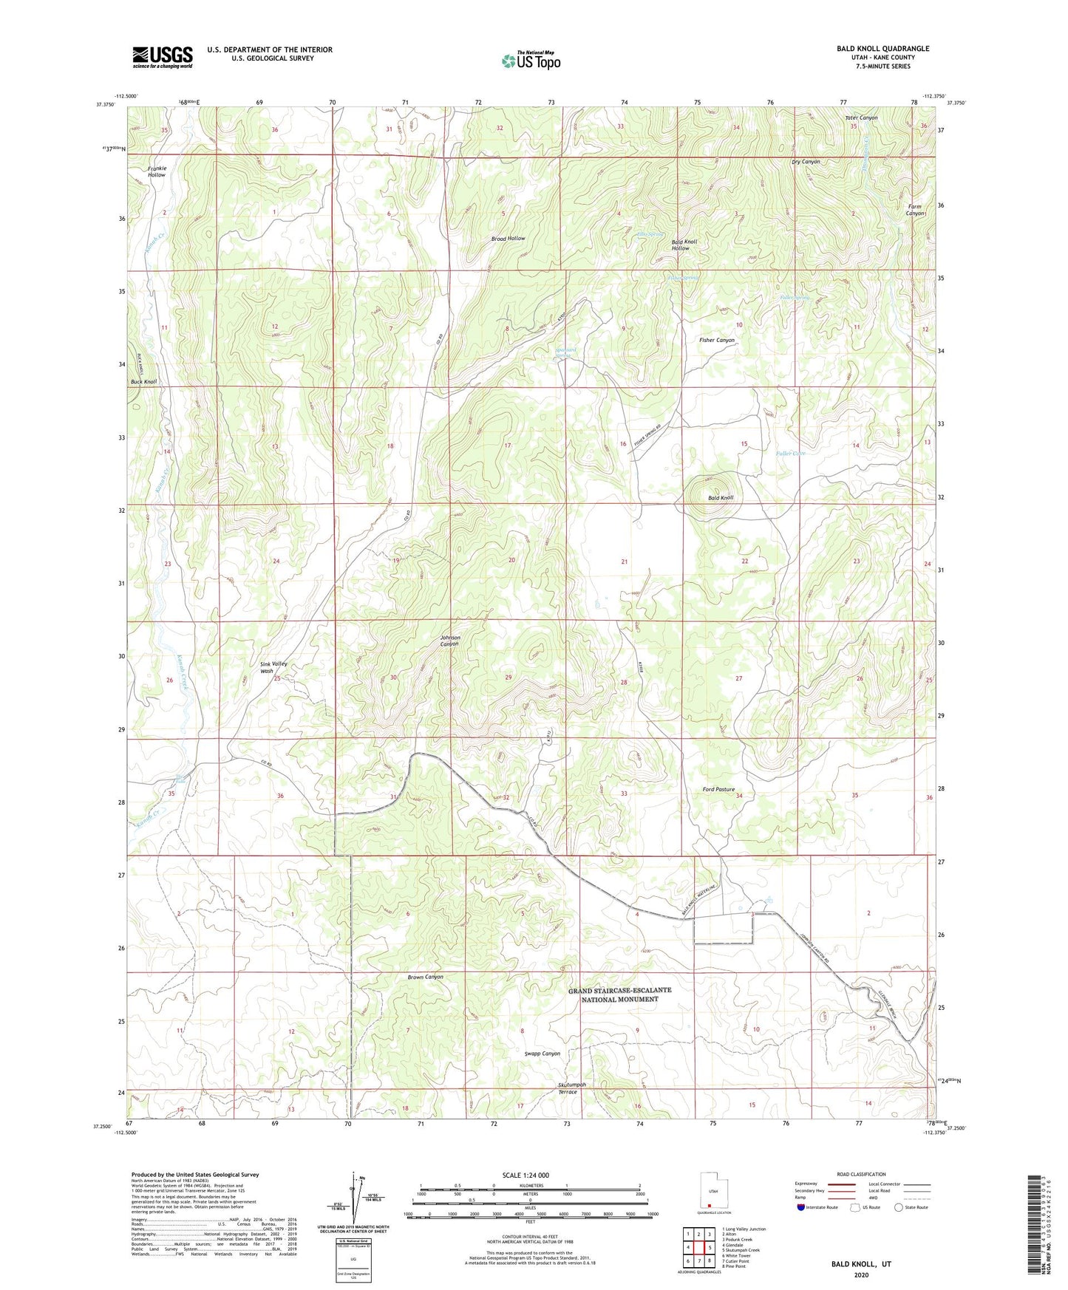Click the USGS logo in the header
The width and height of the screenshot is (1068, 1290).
click(163, 57)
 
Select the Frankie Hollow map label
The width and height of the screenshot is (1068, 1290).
click(157, 171)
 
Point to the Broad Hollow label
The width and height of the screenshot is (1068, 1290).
click(509, 239)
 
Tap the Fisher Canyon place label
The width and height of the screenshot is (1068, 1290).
click(716, 341)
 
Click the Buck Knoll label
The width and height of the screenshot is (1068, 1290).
click(144, 382)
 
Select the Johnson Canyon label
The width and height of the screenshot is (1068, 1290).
click(450, 641)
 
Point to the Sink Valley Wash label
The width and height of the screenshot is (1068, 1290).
click(273, 667)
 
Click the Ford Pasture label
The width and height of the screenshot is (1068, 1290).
click(718, 789)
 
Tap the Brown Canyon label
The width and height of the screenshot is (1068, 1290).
click(425, 977)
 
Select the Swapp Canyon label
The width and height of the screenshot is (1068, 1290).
click(542, 1054)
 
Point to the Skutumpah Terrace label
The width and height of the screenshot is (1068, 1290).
click(571, 1088)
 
